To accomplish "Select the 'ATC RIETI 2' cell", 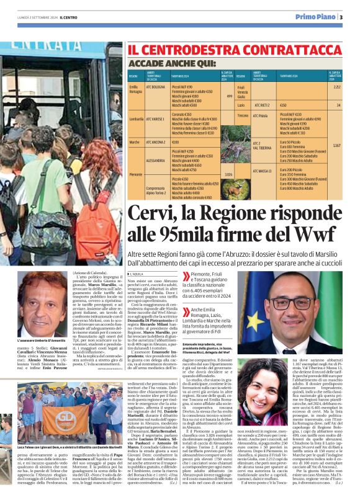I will pyautogui.click(x=262, y=105).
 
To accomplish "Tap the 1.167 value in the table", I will pyautogui.click(x=336, y=145).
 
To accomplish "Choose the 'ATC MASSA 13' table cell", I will pyautogui.click(x=262, y=170).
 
